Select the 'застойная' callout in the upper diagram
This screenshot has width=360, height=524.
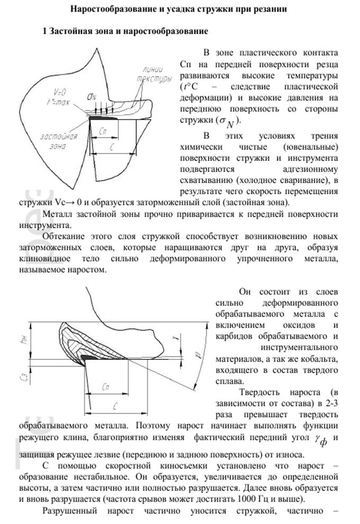[x=52, y=137]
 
